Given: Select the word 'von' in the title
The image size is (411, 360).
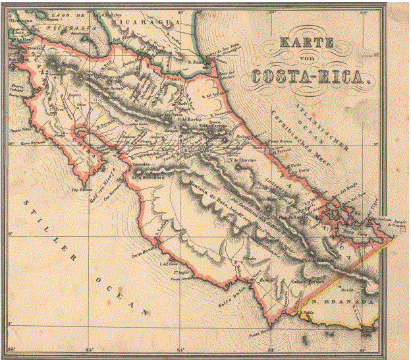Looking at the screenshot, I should (307, 61).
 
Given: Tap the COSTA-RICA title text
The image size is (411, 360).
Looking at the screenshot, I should (307, 76).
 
